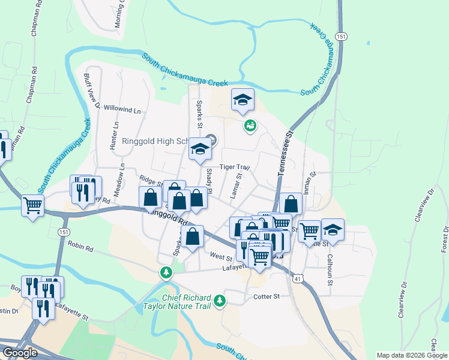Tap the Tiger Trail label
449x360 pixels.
click(x=234, y=167)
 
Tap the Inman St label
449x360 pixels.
click(x=313, y=182)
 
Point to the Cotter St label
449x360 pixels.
click(x=267, y=296)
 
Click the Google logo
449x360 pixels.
click(x=20, y=353)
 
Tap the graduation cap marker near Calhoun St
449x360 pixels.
click(x=332, y=230)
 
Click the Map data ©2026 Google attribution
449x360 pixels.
click(x=411, y=355)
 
